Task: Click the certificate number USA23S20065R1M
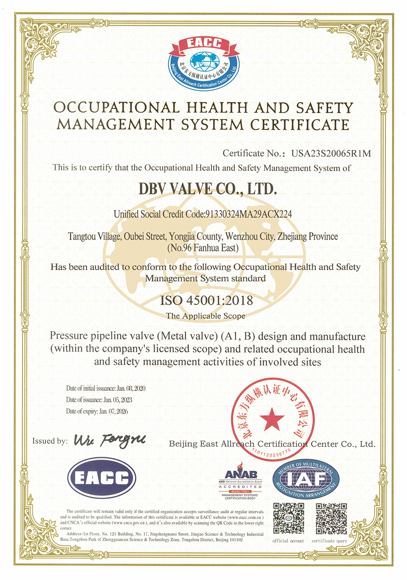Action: [x=331, y=154]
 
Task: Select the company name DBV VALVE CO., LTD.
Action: [x=208, y=189]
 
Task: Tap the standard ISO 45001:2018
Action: [x=206, y=301]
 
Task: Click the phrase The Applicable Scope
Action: [x=206, y=316]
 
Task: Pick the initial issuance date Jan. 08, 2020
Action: [x=131, y=388]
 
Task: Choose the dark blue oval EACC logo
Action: [x=102, y=478]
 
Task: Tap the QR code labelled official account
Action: [x=289, y=519]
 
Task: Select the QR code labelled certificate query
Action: [x=331, y=519]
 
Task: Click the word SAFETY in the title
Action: [x=324, y=108]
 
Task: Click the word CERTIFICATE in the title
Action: [x=300, y=124]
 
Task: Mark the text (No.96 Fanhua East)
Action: [x=203, y=248]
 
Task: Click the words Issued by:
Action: [x=50, y=441]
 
